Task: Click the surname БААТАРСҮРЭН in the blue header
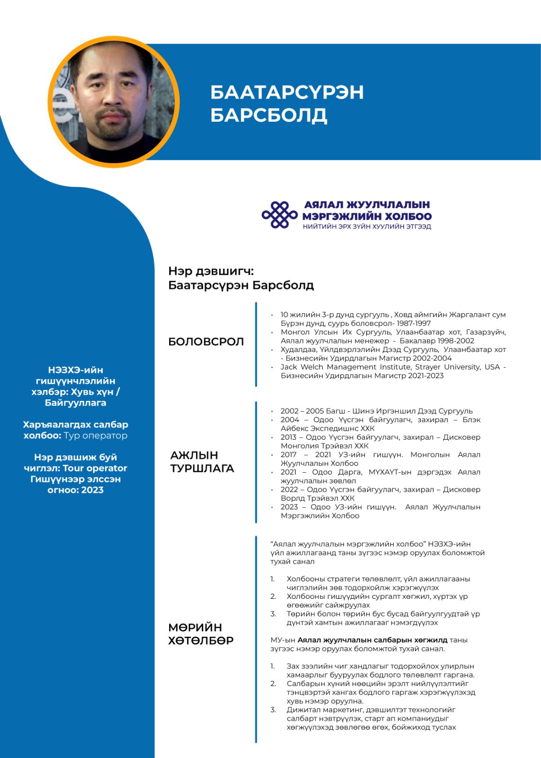coord(287,92)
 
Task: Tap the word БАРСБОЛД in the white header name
coord(269,115)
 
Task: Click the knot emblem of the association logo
coord(280,215)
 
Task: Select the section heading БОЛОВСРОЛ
coord(206,342)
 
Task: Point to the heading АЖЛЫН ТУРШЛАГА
coord(202,461)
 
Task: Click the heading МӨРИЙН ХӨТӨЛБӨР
coord(201,634)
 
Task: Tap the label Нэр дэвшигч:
coord(211,271)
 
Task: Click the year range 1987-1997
coord(414,324)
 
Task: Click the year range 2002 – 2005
coord(302,411)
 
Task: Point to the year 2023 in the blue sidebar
coord(92,490)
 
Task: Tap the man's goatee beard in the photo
coord(112,128)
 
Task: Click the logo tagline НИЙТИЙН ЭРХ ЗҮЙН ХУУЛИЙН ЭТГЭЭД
coord(367,227)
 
